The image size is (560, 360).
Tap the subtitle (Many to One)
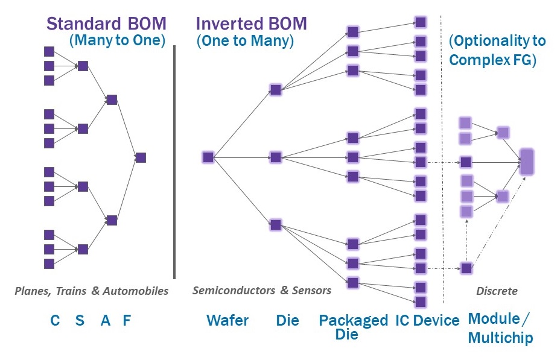click(118, 40)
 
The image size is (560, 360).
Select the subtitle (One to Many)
click(245, 40)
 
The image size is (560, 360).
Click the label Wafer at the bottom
click(227, 320)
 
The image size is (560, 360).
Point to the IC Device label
click(427, 320)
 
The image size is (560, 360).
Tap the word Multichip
click(500, 338)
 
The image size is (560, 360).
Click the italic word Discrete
click(497, 291)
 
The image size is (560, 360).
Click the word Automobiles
click(135, 291)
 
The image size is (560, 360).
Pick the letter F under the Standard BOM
click(127, 320)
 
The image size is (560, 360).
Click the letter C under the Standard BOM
click(55, 320)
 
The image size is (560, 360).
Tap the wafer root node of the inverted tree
click(208, 157)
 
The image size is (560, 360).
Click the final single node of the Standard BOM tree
click(141, 157)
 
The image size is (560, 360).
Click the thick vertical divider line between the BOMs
click(174, 162)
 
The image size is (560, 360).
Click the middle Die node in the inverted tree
click(275, 157)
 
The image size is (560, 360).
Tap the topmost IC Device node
click(421, 22)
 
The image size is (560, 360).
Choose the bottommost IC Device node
click(421, 302)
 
